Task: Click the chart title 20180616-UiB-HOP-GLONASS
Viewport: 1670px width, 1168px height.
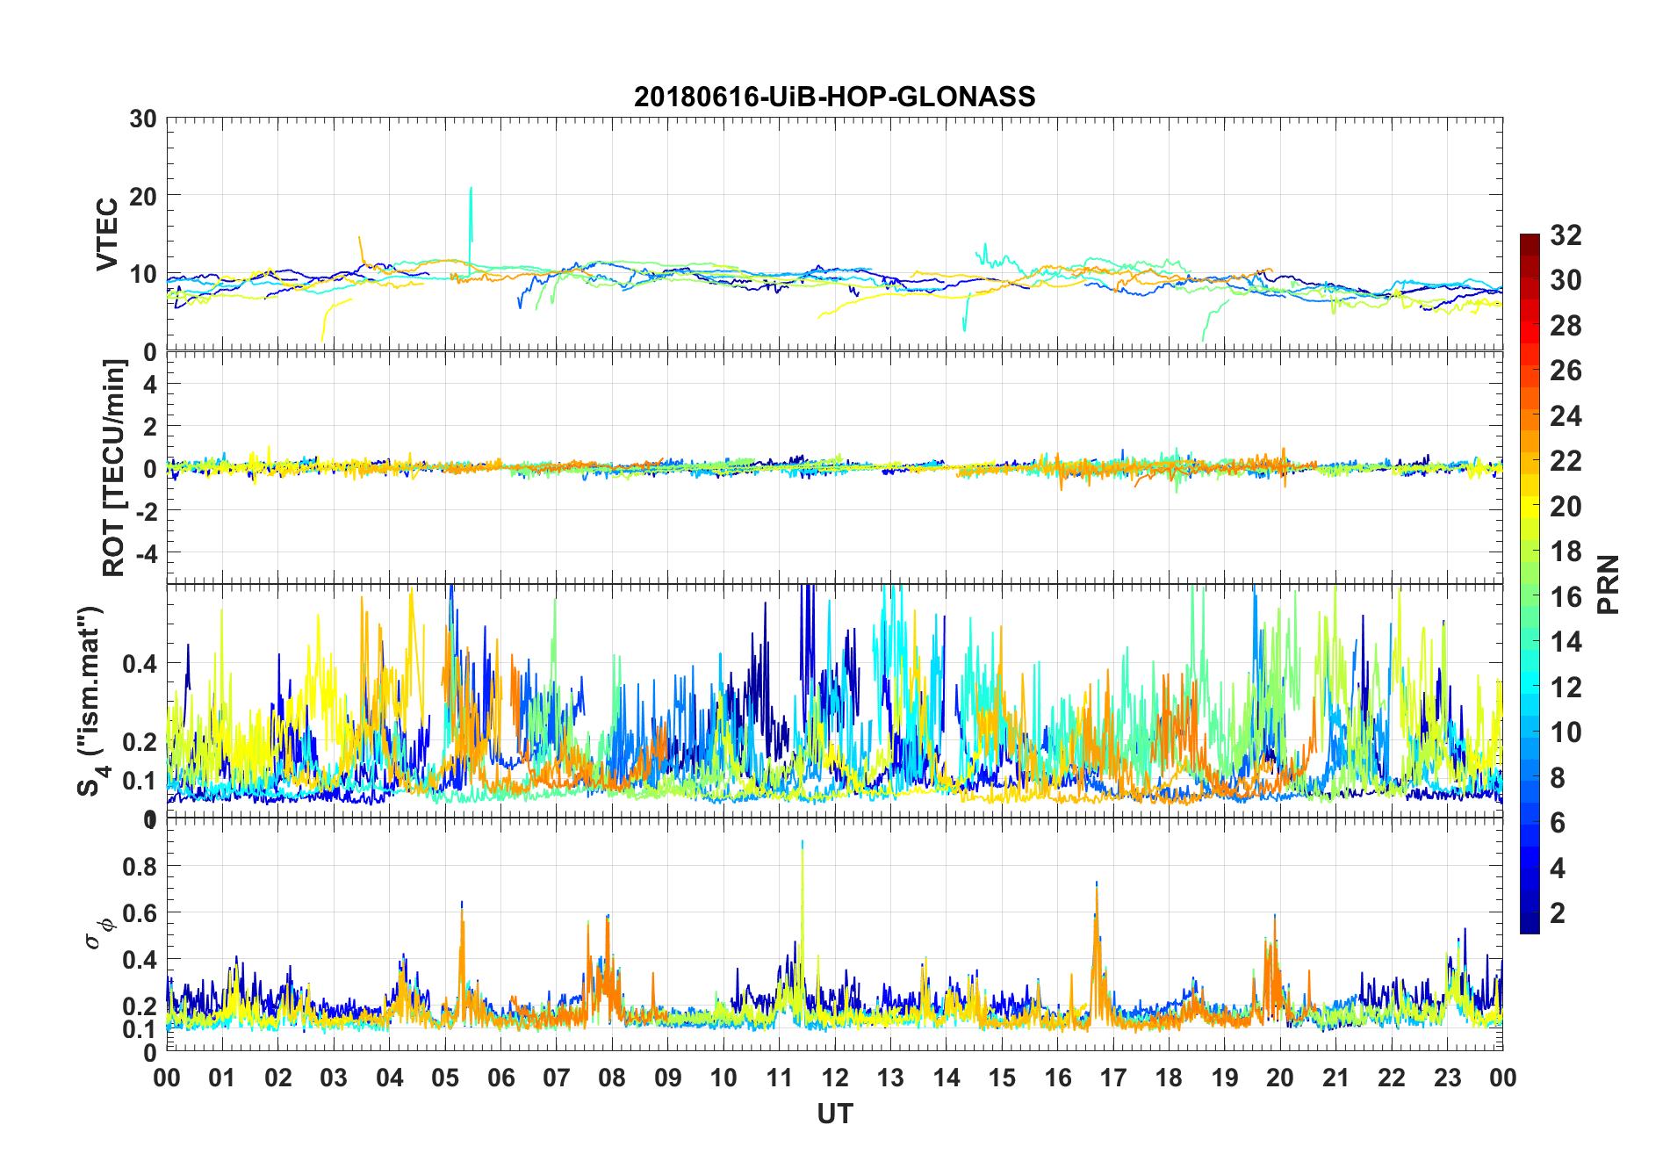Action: click(834, 97)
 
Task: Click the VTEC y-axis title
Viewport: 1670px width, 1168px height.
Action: click(107, 234)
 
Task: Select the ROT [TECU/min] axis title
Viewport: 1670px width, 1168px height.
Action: click(114, 467)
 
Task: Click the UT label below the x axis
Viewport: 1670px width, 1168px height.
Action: click(834, 1114)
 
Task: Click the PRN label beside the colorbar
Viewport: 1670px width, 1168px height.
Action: click(1608, 584)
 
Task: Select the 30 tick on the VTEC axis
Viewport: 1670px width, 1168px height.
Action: click(143, 119)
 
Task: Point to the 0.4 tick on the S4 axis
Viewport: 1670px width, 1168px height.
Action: click(140, 663)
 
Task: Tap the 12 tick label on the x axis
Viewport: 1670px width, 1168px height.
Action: click(835, 1078)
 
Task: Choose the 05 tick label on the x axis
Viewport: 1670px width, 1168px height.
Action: click(445, 1078)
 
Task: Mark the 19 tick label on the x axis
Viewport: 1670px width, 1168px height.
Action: click(1225, 1078)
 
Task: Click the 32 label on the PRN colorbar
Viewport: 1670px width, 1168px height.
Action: click(1566, 234)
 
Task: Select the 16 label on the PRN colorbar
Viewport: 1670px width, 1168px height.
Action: click(1566, 596)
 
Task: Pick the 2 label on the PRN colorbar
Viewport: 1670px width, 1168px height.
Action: click(1558, 912)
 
